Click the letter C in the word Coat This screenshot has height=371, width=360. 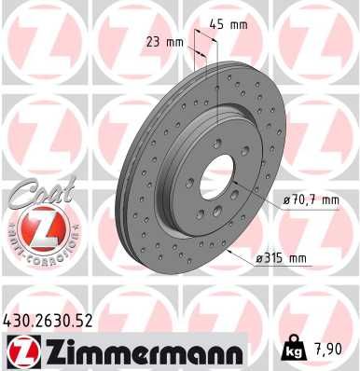click(x=17, y=194)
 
